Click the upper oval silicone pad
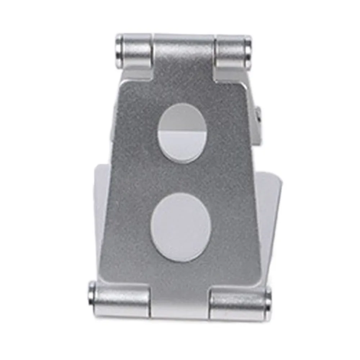pos(182,133)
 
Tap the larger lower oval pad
pos(181,227)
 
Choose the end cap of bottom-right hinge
pos(268,300)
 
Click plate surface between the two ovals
pos(182,178)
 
